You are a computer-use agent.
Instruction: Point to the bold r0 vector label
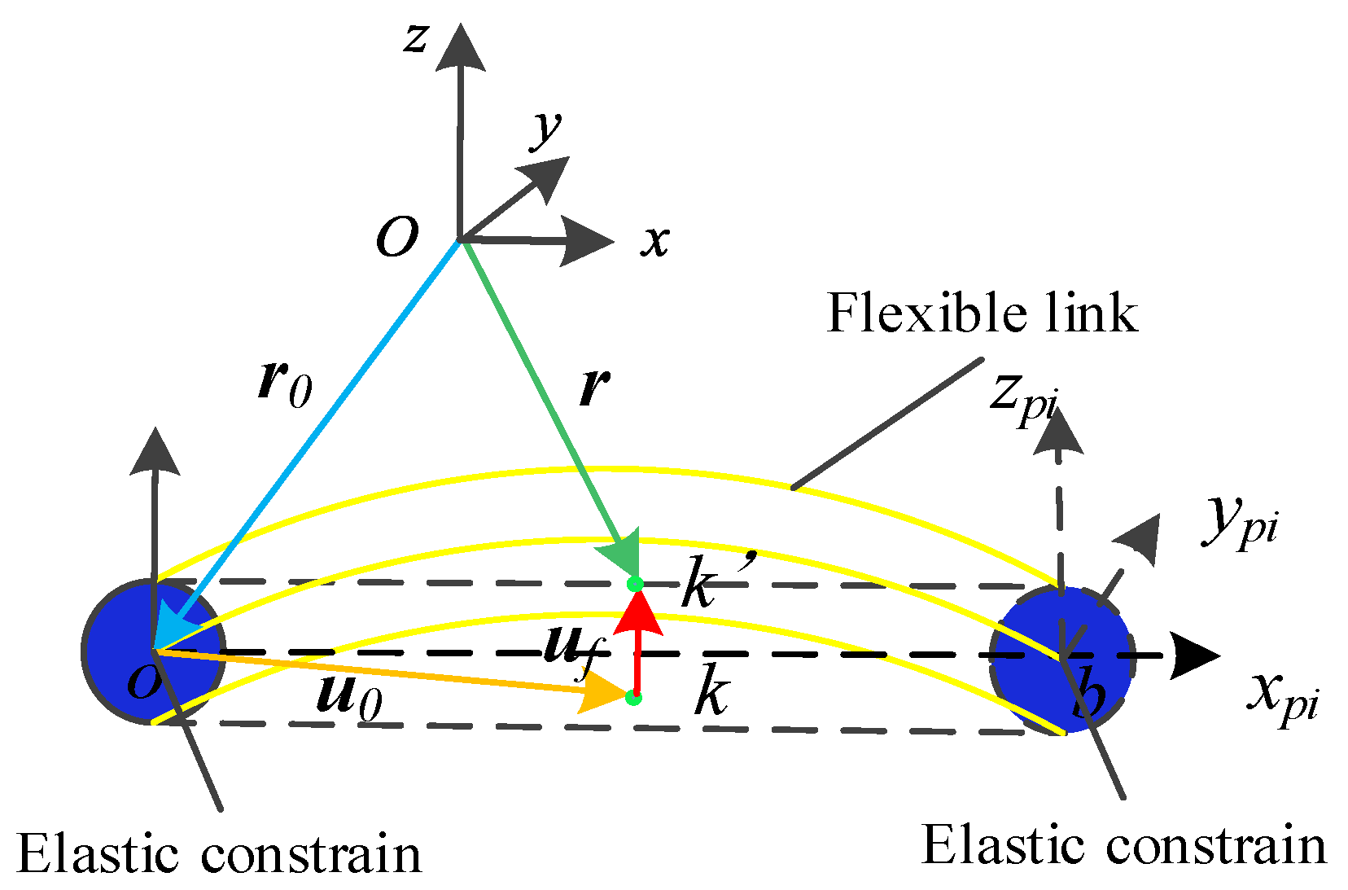point(284,384)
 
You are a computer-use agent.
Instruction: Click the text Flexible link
point(982,313)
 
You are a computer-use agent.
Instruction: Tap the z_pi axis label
point(1023,397)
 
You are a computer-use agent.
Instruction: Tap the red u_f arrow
point(637,643)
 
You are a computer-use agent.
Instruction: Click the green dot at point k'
point(635,584)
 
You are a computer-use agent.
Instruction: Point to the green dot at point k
point(633,698)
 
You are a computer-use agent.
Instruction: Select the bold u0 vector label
point(348,697)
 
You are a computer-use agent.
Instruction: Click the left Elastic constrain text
point(219,854)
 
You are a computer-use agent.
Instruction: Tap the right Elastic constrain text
point(1124,844)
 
